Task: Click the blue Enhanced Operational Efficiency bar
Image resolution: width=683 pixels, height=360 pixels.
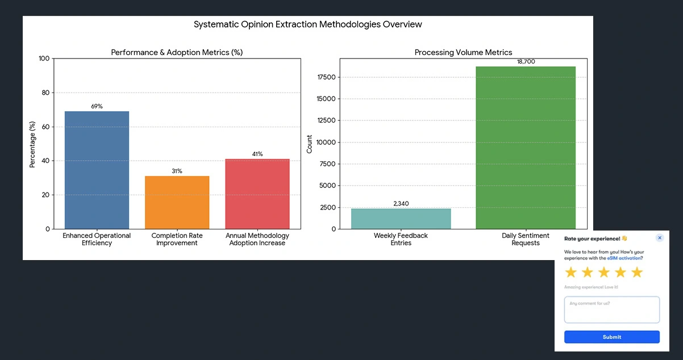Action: tap(97, 170)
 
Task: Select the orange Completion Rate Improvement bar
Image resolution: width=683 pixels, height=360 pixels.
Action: tap(177, 202)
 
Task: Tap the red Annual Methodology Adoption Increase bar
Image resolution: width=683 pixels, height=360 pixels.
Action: tap(257, 194)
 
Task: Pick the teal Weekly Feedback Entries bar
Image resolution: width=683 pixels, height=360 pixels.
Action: tap(401, 219)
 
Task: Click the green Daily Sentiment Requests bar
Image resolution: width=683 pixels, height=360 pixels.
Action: tap(525, 148)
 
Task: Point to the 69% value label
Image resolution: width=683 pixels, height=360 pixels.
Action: tap(97, 106)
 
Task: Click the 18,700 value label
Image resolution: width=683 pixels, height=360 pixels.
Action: tap(525, 61)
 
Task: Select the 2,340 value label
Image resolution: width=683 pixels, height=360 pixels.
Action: tap(401, 203)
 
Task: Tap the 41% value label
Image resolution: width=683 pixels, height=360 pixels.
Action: tap(257, 154)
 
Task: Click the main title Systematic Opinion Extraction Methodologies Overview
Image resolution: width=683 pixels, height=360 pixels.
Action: tap(307, 24)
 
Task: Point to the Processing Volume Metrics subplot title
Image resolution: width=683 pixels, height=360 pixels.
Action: tap(463, 52)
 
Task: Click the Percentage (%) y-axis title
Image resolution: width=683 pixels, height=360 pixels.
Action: tap(32, 144)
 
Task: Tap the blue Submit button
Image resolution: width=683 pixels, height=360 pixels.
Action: tap(611, 337)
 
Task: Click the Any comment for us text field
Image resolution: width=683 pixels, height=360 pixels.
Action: tap(611, 310)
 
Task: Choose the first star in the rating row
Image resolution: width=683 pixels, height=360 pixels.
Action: tap(570, 273)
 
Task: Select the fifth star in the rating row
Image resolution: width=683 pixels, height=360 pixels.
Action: tap(637, 273)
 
